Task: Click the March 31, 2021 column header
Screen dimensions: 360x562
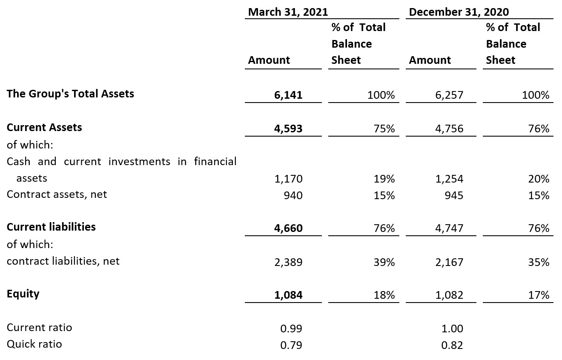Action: coord(288,12)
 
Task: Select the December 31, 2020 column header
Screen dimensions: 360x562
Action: coord(459,12)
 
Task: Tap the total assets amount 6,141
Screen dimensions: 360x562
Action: coord(288,95)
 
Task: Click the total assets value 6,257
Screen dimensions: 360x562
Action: coord(449,95)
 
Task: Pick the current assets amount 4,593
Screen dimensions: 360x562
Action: coord(288,129)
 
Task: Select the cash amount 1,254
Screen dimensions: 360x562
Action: coord(449,179)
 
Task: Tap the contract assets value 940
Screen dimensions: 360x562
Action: coord(293,195)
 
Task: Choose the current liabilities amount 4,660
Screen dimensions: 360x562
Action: coord(288,229)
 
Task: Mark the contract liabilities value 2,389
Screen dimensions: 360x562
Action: coord(288,262)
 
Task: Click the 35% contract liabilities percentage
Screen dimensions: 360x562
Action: coord(539,262)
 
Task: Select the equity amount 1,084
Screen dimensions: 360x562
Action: coord(288,295)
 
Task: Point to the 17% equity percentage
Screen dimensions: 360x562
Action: coord(539,295)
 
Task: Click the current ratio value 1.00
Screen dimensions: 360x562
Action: coord(452,329)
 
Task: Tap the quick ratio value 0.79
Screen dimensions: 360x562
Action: coord(291,345)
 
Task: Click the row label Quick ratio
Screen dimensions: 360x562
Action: coord(34,344)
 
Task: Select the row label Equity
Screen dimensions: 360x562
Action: coord(23,294)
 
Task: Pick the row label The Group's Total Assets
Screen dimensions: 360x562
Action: coord(70,94)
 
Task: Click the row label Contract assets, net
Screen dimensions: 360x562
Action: coord(57,194)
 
